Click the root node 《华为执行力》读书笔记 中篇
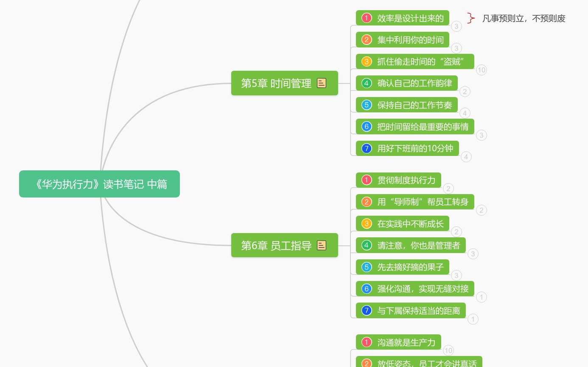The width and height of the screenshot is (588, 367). pyautogui.click(x=100, y=184)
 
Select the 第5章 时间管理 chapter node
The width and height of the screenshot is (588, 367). pyautogui.click(x=285, y=83)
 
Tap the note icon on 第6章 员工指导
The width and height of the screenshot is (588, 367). pyautogui.click(x=322, y=245)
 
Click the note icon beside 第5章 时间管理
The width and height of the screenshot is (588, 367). pyautogui.click(x=322, y=83)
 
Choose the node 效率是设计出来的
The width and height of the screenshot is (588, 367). pyautogui.click(x=403, y=18)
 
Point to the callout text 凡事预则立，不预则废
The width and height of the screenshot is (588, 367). pyautogui.click(x=524, y=19)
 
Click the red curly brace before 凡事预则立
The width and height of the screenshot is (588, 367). pyautogui.click(x=471, y=18)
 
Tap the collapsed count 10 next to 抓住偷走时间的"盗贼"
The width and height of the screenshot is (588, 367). pyautogui.click(x=482, y=70)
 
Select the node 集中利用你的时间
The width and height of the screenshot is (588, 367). pyautogui.click(x=403, y=39)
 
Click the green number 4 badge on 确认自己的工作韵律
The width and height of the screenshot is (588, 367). pyautogui.click(x=367, y=83)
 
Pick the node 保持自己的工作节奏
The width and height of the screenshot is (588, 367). pyautogui.click(x=406, y=105)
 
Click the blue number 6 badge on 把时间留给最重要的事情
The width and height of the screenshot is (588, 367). pyautogui.click(x=367, y=127)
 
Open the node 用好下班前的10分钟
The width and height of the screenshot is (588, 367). pyautogui.click(x=407, y=148)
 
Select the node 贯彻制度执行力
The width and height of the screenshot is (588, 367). pyautogui.click(x=398, y=180)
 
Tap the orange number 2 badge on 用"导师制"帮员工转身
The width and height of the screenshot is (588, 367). pyautogui.click(x=367, y=202)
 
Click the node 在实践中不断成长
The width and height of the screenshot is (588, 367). pyautogui.click(x=403, y=224)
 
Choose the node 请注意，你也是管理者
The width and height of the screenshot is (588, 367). pyautogui.click(x=411, y=245)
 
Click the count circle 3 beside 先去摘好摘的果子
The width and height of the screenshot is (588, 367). pyautogui.click(x=456, y=275)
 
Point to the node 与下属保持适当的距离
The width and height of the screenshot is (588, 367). pyautogui.click(x=411, y=311)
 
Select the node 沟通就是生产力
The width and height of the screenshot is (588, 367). pyautogui.click(x=398, y=342)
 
